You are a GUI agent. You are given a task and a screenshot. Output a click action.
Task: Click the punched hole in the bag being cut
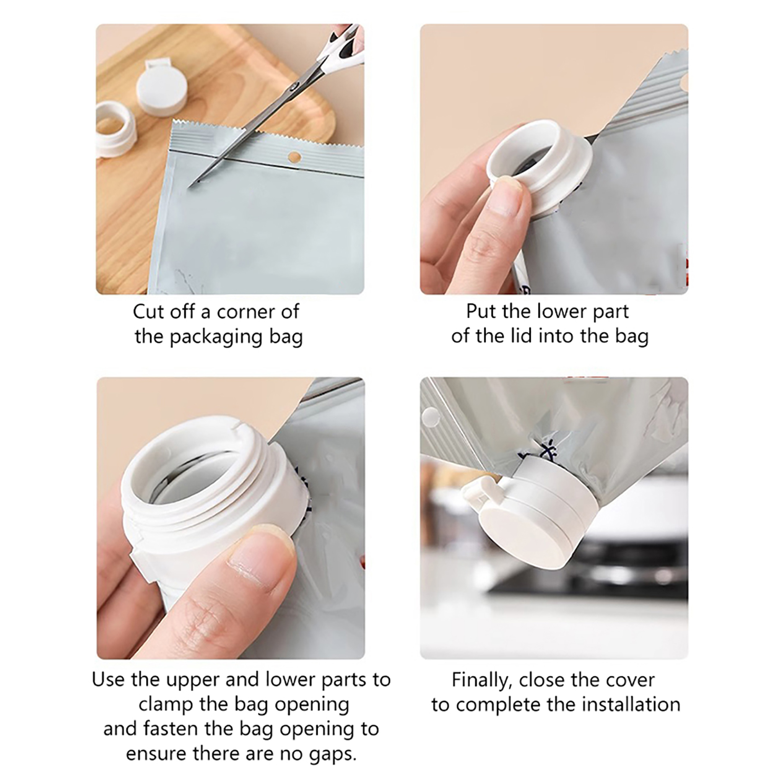click(294, 157)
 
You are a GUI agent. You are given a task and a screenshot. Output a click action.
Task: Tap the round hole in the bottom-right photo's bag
click(430, 416)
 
